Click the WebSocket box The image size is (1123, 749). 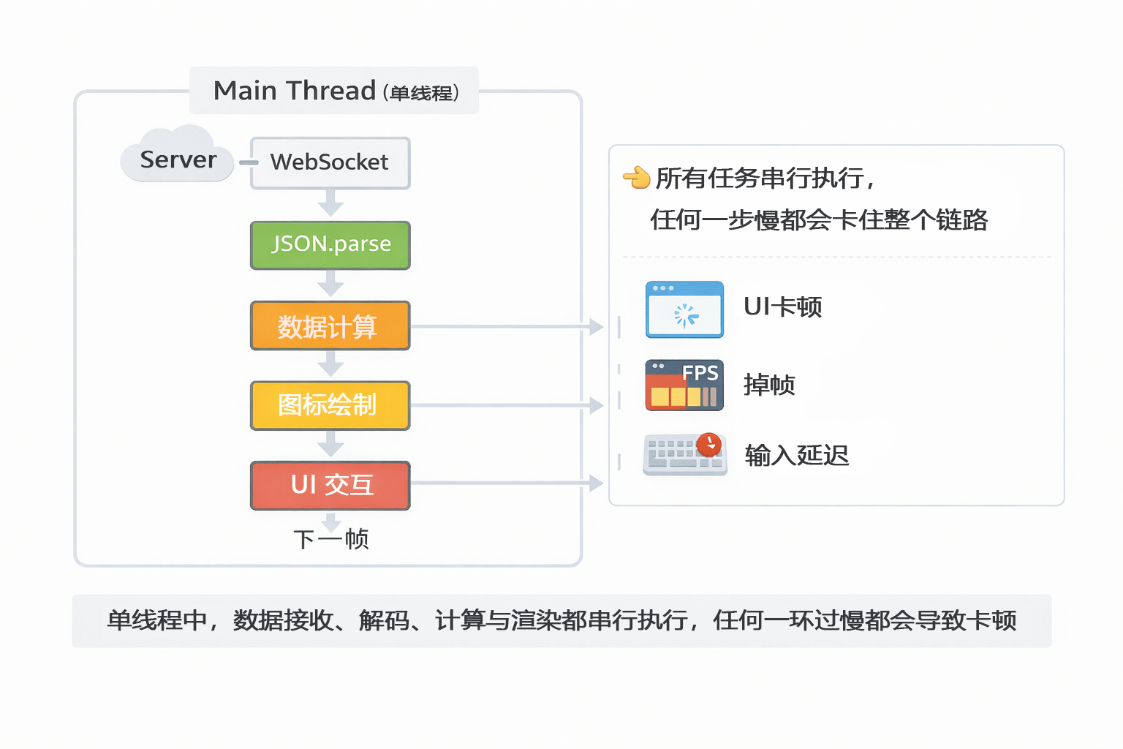330,162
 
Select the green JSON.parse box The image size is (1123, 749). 330,245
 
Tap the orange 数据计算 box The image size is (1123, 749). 330,325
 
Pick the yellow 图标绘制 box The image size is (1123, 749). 330,405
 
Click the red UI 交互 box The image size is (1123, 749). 330,485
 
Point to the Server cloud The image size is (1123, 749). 177,156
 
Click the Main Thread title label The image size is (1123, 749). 334,91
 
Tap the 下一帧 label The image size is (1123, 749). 331,540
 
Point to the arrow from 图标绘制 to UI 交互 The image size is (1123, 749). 330,444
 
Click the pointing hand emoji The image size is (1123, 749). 636,177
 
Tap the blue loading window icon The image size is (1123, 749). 684,309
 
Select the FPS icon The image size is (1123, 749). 684,385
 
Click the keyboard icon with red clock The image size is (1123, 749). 685,454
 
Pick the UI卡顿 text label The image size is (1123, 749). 782,307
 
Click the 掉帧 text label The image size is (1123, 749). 769,385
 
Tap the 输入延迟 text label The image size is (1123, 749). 796,456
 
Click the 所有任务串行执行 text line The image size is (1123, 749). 764,178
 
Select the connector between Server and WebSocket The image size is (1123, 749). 248,162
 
